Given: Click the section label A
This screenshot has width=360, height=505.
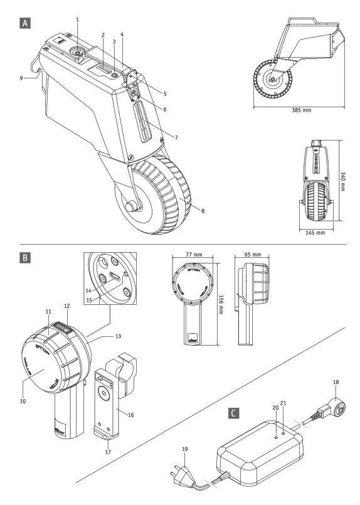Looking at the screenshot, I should coord(24,23).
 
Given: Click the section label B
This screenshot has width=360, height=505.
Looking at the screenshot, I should coord(24,257).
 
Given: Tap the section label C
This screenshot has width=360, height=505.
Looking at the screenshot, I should coord(234,413).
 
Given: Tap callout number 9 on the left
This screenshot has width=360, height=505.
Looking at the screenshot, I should coord(21,78).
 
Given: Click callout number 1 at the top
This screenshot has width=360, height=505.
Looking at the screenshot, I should coord(78,20).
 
